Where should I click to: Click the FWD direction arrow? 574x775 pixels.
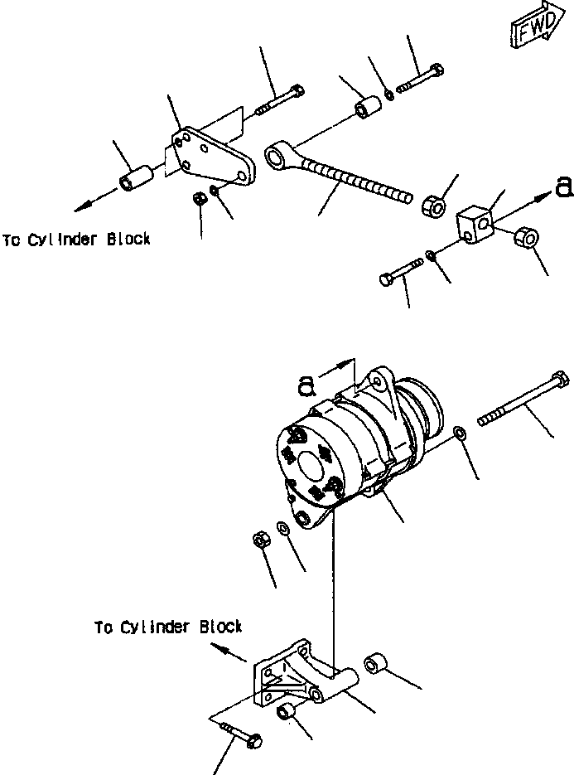click(536, 29)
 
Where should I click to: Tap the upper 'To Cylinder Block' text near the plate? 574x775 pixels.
click(76, 240)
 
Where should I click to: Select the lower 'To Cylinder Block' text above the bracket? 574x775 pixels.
click(168, 627)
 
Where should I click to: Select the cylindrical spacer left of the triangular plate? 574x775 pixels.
click(135, 178)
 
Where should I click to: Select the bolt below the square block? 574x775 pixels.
click(402, 271)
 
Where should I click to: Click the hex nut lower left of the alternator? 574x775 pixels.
click(258, 540)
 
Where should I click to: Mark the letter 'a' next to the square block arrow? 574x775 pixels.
click(564, 188)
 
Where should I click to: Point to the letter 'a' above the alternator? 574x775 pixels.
click(307, 384)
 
